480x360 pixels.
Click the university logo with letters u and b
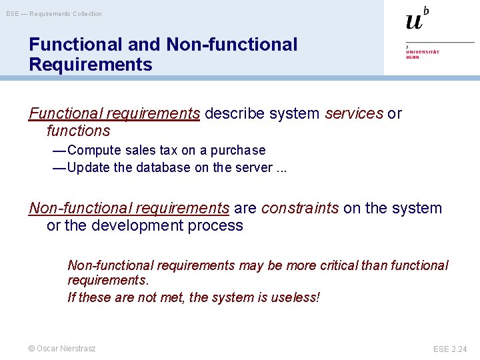click(417, 19)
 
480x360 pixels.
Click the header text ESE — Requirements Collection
click(54, 14)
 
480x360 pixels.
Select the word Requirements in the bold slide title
click(91, 65)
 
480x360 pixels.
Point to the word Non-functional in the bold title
click(231, 45)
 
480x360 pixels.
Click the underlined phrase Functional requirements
click(114, 113)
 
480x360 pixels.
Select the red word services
click(354, 113)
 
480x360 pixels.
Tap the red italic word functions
click(78, 131)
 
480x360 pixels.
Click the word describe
click(235, 113)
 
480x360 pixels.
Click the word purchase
click(238, 150)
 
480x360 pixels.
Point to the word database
click(163, 167)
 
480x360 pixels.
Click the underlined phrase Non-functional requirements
click(129, 208)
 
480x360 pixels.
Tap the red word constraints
click(299, 208)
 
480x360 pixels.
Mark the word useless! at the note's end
click(295, 297)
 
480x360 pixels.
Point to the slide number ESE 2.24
click(451, 349)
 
